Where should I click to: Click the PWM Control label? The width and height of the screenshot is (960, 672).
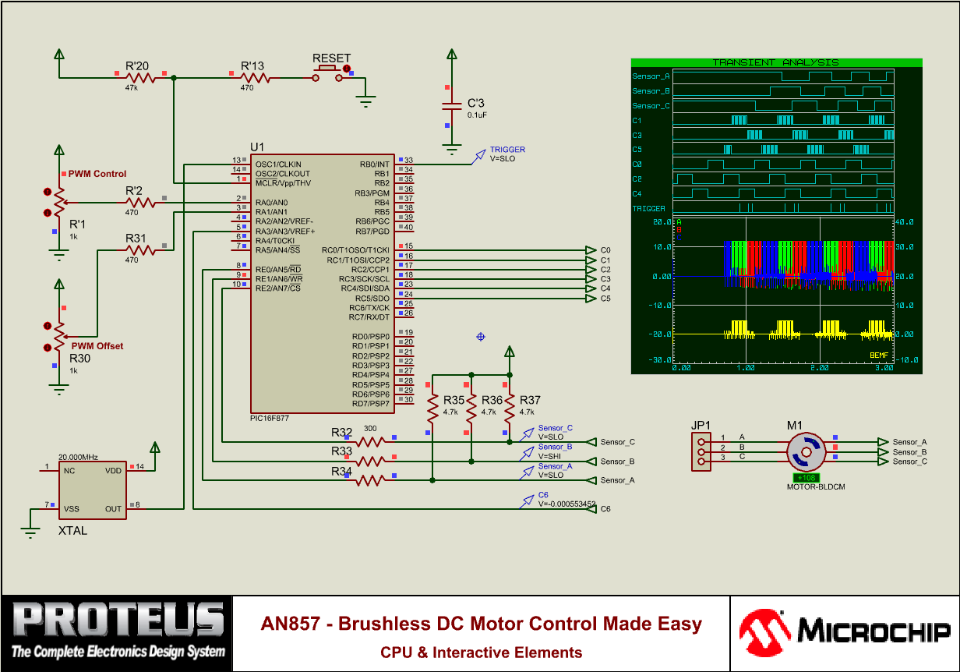coord(97,174)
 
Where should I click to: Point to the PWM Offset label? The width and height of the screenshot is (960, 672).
coord(97,346)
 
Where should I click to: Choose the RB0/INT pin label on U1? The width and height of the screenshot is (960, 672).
coord(374,164)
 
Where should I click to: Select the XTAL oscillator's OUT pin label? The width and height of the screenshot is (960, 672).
coord(114,509)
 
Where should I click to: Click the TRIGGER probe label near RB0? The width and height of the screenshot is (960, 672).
coord(507,149)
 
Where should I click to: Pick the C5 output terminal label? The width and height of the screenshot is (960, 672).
coord(605,299)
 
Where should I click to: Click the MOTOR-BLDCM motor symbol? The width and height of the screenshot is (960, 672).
coord(805,452)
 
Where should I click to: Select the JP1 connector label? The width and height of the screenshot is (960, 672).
coord(701,425)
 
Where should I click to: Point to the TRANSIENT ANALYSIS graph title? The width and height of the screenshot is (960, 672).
coord(776,62)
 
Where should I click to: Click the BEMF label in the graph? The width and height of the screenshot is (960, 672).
coord(879,355)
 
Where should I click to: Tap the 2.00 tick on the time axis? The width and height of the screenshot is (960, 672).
coord(819,367)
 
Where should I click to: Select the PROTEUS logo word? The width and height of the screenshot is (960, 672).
coord(118,620)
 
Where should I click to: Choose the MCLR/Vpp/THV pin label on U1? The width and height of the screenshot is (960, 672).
coord(283,184)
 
